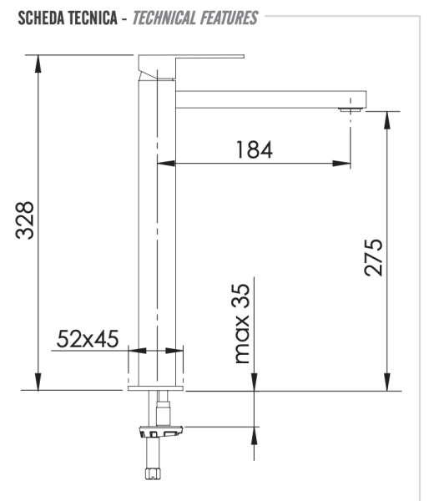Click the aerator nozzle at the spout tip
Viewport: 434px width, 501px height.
tap(351, 109)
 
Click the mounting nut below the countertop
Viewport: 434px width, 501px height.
tap(160, 433)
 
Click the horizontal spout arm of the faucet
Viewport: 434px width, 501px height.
tap(267, 97)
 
